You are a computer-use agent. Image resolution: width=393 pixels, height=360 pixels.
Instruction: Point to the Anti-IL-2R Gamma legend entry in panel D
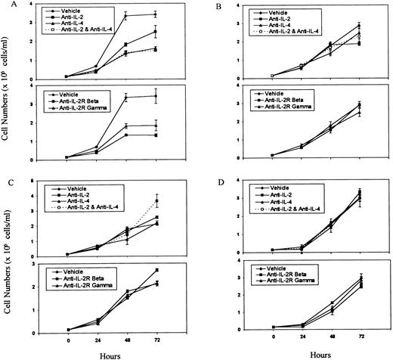coord(302,283)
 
